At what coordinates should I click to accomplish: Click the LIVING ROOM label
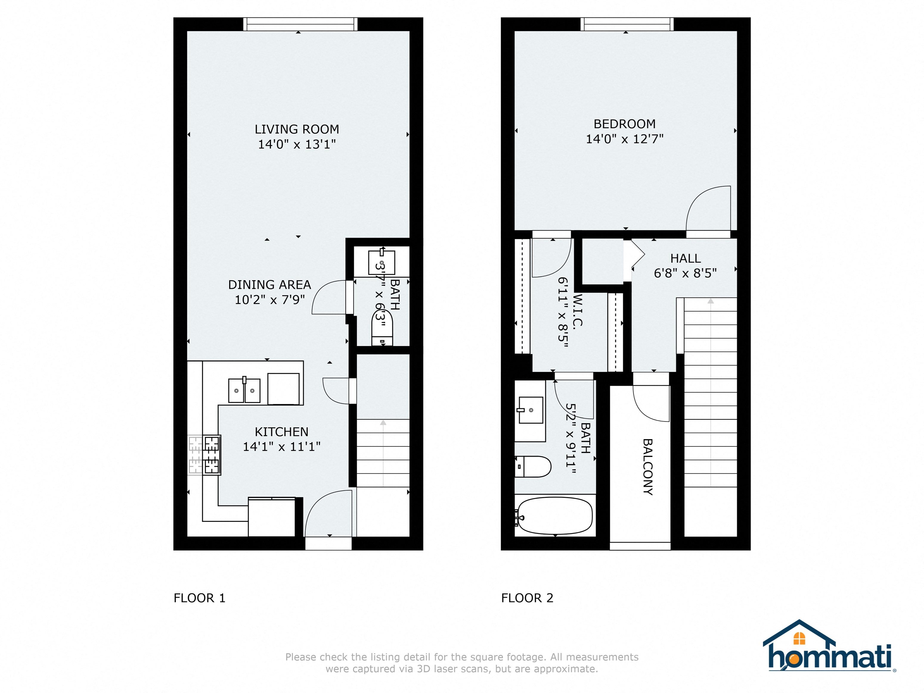(297, 129)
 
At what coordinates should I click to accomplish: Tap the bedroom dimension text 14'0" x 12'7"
(624, 139)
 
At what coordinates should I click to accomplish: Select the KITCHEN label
(282, 432)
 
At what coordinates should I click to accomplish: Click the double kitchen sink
(244, 390)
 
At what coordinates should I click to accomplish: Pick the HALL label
(686, 258)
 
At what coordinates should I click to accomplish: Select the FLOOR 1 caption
(199, 598)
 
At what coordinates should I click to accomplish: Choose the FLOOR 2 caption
(527, 598)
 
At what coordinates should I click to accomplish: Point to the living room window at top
(300, 24)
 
